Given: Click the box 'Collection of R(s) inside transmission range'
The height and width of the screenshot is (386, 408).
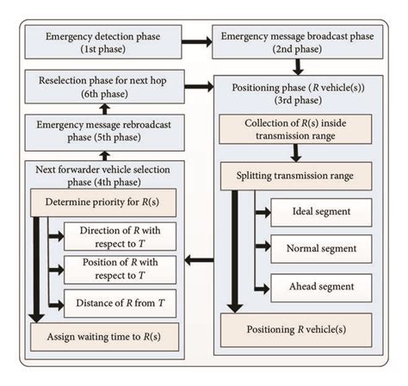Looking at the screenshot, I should pos(295,129).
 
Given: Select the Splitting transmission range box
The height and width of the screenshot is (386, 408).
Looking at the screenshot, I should pos(295,176).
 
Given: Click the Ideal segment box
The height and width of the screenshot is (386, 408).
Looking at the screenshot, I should pos(320,211).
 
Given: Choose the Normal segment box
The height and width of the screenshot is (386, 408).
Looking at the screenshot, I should pos(320,248).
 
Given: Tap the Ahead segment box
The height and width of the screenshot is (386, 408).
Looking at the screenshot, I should pos(320,285).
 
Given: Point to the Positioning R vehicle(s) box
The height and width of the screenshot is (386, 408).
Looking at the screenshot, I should pos(295,329).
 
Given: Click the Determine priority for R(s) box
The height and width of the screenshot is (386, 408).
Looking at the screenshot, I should pos(104,203).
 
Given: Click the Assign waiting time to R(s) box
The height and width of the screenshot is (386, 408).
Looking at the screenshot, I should pos(104,335).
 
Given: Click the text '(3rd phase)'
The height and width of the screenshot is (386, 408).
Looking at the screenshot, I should pos(296,100).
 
